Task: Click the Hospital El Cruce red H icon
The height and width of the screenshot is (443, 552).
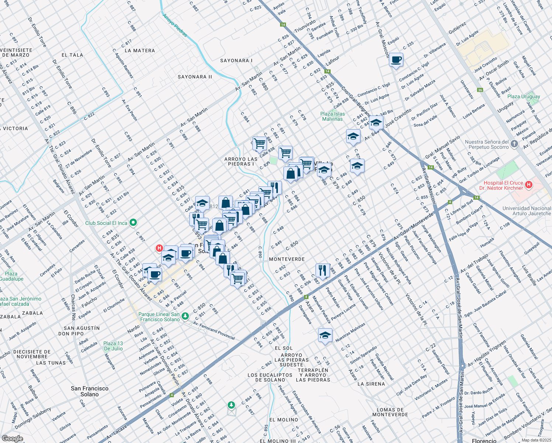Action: tap(529, 184)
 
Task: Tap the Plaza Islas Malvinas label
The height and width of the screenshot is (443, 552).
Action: tap(332, 116)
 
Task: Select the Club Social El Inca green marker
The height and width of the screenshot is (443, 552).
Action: tap(134, 223)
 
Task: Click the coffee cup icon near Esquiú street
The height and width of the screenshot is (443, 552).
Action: tap(396, 60)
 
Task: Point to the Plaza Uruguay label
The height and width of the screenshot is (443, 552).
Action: tap(524, 96)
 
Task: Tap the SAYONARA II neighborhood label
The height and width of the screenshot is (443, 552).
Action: tap(195, 77)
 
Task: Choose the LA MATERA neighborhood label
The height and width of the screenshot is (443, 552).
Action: tap(140, 51)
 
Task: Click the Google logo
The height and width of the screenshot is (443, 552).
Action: tap(13, 438)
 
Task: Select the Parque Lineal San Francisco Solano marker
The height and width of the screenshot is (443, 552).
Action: tap(185, 316)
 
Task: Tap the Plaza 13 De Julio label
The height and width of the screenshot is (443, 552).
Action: tap(113, 346)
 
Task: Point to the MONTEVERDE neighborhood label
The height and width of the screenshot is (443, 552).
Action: tap(287, 259)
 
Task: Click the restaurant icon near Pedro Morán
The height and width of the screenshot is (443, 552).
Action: tap(323, 271)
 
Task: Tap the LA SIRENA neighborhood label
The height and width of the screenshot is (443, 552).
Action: tap(371, 384)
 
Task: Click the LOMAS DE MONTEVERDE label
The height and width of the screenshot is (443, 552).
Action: tap(390, 412)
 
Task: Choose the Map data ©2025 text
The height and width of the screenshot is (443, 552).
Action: tap(536, 440)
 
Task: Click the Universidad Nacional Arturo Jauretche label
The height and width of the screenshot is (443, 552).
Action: tap(527, 211)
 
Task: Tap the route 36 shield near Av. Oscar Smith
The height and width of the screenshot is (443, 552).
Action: tap(480, 90)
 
